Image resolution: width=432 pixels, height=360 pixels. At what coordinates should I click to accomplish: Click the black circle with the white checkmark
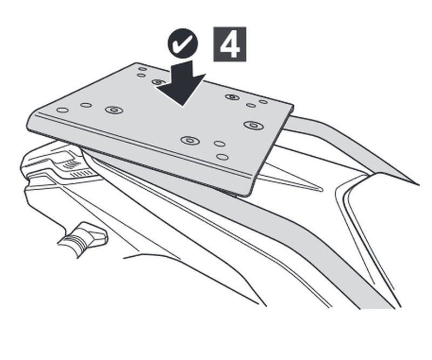click(183, 43)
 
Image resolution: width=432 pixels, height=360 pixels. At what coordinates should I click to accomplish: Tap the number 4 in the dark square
click(230, 44)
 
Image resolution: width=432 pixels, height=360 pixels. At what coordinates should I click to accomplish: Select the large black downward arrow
click(181, 82)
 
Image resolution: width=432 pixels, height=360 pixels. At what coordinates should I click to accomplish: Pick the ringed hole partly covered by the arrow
click(158, 82)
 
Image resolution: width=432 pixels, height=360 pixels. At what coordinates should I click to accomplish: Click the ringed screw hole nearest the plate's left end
click(114, 110)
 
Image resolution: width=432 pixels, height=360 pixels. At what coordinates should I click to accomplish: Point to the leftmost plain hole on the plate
click(63, 110)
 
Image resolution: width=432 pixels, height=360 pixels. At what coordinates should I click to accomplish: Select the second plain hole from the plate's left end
click(86, 105)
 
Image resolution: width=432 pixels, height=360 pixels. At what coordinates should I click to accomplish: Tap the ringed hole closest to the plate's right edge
click(254, 125)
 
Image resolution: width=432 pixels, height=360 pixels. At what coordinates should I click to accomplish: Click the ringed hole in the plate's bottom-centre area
click(190, 141)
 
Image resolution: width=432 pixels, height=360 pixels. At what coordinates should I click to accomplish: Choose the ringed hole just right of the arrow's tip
click(232, 97)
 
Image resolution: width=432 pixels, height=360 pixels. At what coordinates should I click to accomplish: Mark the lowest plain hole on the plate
click(222, 157)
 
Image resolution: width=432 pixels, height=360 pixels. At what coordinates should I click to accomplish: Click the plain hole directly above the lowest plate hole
click(220, 144)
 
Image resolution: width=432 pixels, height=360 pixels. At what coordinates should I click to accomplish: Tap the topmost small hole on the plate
click(143, 69)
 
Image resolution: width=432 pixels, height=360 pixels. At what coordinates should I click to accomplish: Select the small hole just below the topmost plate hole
click(141, 75)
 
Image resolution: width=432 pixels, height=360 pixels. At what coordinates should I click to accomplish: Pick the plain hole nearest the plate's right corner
click(264, 102)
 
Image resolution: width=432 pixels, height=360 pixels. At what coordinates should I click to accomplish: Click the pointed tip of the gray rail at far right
click(418, 184)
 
